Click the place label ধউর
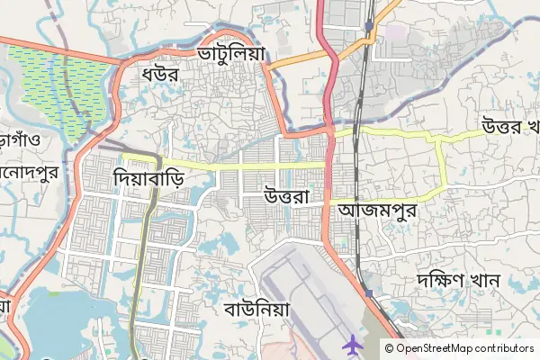pyautogui.click(x=159, y=76)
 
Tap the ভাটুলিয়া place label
pyautogui.click(x=232, y=54)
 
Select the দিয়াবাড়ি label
pyautogui.click(x=149, y=177)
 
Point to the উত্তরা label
pyautogui.click(x=287, y=194)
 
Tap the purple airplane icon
pyautogui.click(x=351, y=343)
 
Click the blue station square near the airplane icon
pyautogui.click(x=368, y=293)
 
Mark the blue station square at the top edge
pyautogui.click(x=368, y=26)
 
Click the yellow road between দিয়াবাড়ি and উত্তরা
pyautogui.click(x=243, y=166)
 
